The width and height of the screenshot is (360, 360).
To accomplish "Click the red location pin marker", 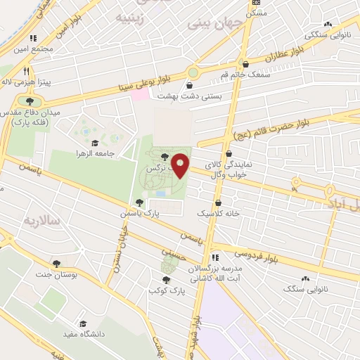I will tap(181, 165).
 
